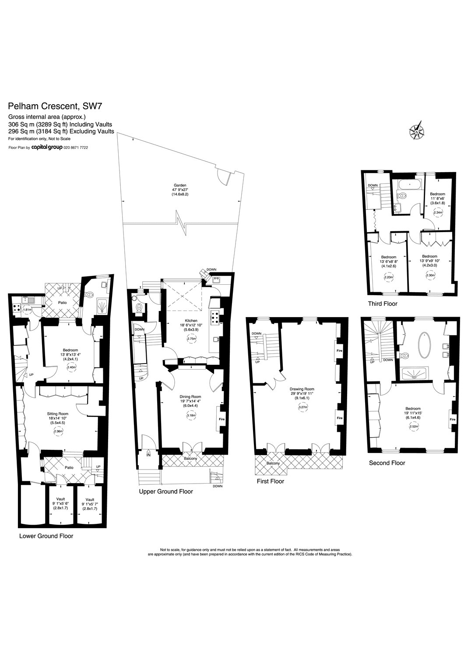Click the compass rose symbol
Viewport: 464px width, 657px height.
(417, 131)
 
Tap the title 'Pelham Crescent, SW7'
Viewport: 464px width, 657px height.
(56, 106)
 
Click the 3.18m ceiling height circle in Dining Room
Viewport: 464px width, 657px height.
(191, 415)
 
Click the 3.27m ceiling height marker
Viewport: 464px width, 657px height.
(302, 407)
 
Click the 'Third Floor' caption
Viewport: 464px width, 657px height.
(383, 303)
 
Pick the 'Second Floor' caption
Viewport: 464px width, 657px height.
(387, 463)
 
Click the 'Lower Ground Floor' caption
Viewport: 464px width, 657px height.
(46, 536)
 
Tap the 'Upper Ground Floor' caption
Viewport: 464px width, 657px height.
(166, 491)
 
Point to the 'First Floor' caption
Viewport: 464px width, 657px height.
(271, 481)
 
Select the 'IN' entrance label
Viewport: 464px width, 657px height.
(148, 455)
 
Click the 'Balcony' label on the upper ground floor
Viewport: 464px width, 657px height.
(190, 459)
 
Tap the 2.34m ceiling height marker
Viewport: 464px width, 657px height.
(437, 212)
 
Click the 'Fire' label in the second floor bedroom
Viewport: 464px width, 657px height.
(453, 419)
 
